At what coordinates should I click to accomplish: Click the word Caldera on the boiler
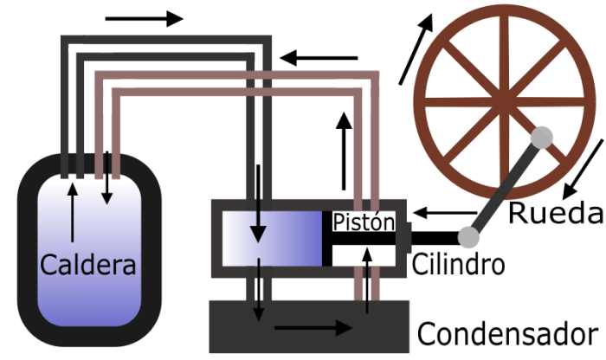88,264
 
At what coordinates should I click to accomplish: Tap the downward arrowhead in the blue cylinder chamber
258,233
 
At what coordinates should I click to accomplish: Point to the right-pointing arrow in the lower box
313,328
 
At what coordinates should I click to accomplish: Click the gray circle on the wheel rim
542,137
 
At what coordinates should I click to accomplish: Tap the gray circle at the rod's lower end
468,236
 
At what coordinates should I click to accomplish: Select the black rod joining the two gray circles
506,186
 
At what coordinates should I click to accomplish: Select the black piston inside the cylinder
359,239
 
